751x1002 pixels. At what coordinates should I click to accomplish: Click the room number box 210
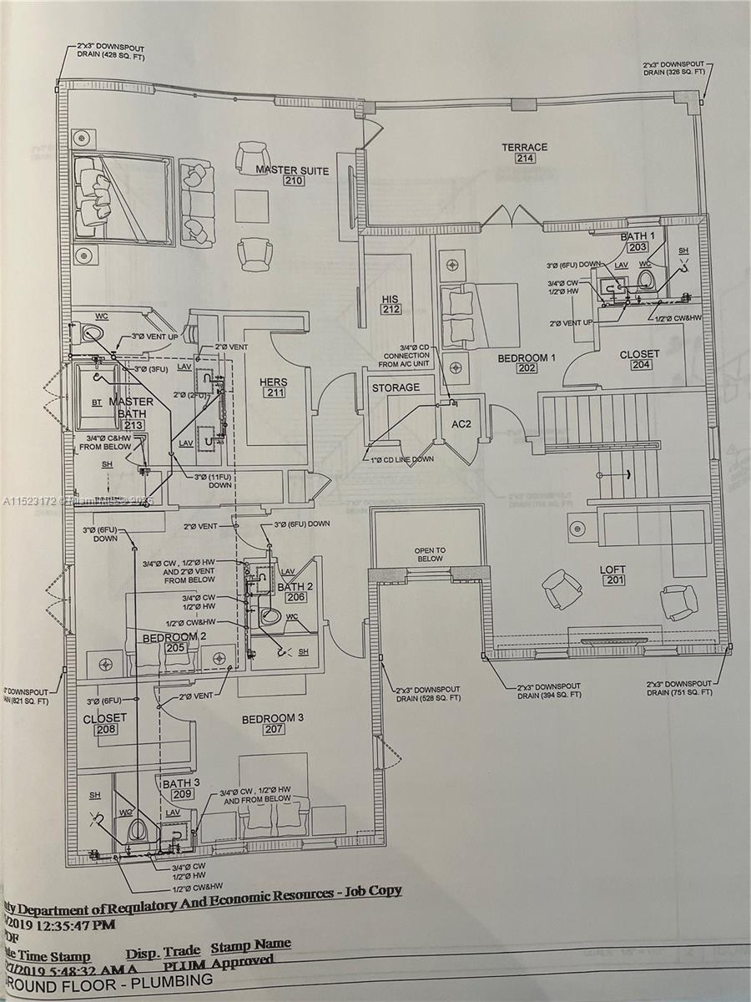293,181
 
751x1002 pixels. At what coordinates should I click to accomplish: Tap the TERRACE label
524,147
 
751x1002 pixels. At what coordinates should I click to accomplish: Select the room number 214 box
524,159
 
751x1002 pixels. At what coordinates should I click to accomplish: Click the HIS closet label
391,300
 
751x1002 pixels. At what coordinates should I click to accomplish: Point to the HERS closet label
273,382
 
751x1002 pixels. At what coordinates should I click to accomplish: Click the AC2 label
461,424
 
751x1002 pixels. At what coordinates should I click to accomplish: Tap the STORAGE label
396,387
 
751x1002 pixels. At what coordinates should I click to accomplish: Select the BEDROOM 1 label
527,357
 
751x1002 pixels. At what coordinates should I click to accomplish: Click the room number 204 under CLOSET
639,365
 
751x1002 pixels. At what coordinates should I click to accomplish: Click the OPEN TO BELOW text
430,554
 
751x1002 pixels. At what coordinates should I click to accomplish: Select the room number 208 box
106,729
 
